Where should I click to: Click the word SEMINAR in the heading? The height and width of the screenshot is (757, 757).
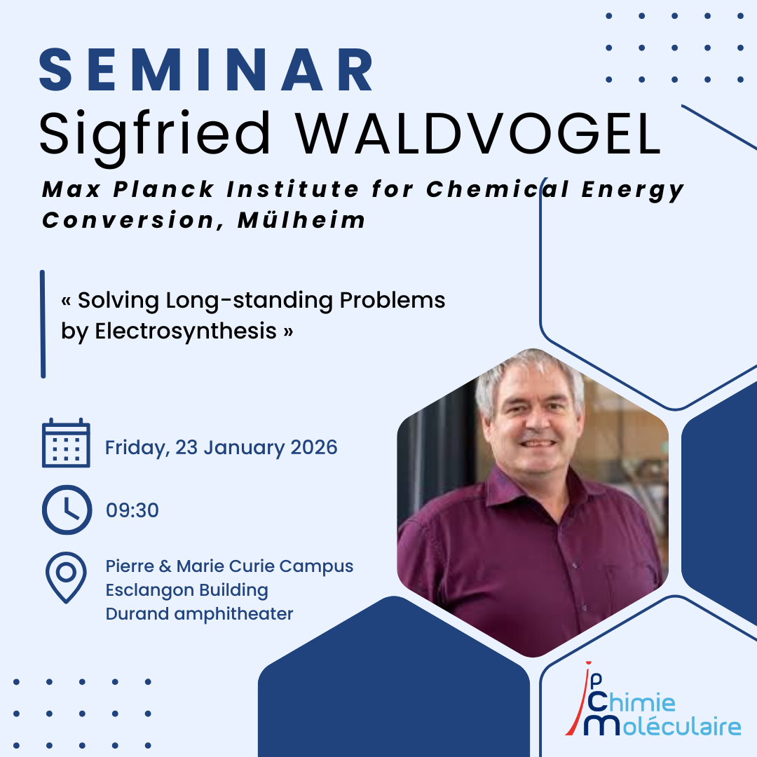[x=207, y=69]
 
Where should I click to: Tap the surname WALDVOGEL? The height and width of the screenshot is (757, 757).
[x=478, y=133]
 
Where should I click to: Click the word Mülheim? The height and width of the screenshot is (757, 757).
[x=301, y=220]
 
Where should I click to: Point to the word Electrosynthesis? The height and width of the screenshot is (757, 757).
[x=186, y=332]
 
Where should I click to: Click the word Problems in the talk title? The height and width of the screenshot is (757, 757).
[x=392, y=300]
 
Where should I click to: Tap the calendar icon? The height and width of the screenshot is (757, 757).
[x=66, y=443]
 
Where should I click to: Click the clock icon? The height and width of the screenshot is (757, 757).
[x=67, y=510]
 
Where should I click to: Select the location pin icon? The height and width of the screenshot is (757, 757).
[x=66, y=578]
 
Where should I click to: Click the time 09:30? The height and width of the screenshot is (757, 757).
[x=132, y=510]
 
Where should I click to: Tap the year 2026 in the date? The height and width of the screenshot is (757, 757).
[x=314, y=447]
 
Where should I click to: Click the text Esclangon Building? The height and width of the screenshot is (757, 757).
[x=187, y=590]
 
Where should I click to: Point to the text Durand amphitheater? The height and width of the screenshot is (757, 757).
[x=199, y=614]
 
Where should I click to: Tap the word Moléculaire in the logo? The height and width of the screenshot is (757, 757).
[x=662, y=726]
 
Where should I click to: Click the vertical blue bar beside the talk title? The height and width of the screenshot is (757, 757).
[x=43, y=324]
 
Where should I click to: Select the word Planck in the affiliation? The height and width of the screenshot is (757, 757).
[x=163, y=189]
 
